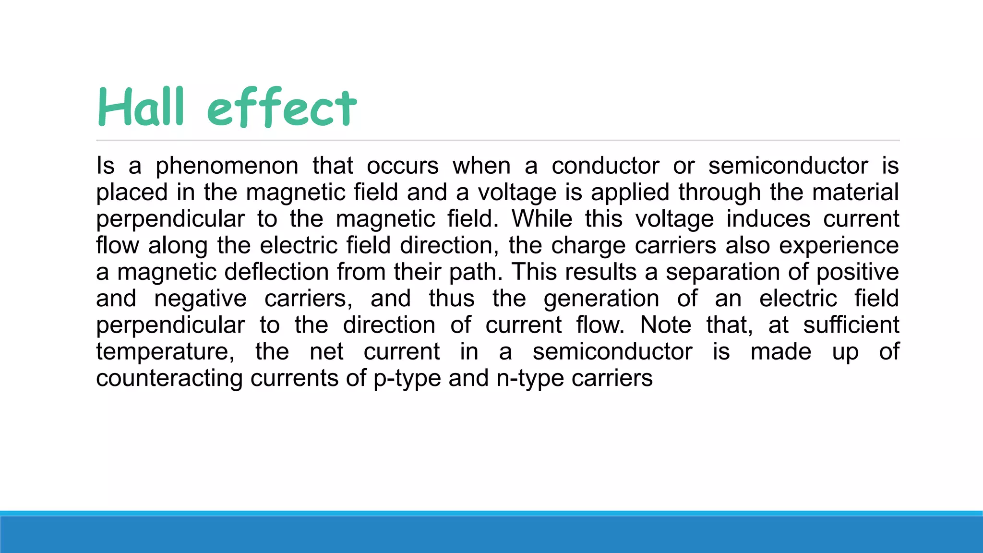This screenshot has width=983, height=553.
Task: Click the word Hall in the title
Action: pyautogui.click(x=141, y=108)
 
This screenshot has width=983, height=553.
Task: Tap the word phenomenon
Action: pyautogui.click(x=227, y=166)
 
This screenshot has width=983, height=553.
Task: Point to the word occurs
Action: pyautogui.click(x=403, y=166)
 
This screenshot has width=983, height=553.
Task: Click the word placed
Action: pyautogui.click(x=132, y=192)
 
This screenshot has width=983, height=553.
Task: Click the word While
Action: pyautogui.click(x=542, y=219)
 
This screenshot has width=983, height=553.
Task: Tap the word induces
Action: pyautogui.click(x=768, y=219)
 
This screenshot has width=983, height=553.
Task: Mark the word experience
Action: pyautogui.click(x=839, y=246)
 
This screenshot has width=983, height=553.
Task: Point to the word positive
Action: pyautogui.click(x=857, y=272)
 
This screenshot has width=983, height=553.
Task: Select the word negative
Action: pyautogui.click(x=200, y=299)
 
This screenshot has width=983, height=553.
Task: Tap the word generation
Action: pyautogui.click(x=601, y=299)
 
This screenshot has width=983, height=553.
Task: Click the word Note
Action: pyautogui.click(x=665, y=325)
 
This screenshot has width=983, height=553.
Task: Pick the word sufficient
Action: pyautogui.click(x=851, y=325)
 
